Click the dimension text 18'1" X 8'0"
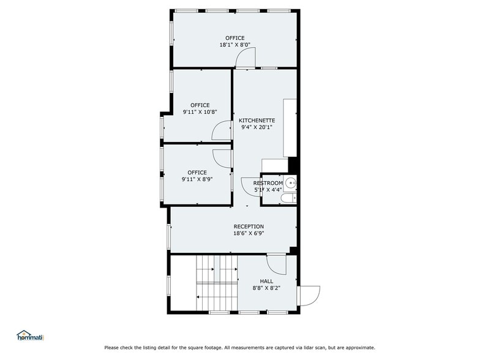click(234, 45)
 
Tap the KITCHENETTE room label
click(257, 121)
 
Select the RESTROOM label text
click(268, 183)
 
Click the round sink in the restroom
click(291, 182)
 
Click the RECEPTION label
click(249, 226)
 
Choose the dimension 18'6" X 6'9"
click(249, 233)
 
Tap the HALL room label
click(266, 282)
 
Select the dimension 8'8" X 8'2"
click(266, 288)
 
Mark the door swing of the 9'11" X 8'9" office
click(221, 157)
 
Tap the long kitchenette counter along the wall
click(290, 127)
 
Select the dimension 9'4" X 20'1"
click(257, 128)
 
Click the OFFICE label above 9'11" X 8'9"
click(197, 173)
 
